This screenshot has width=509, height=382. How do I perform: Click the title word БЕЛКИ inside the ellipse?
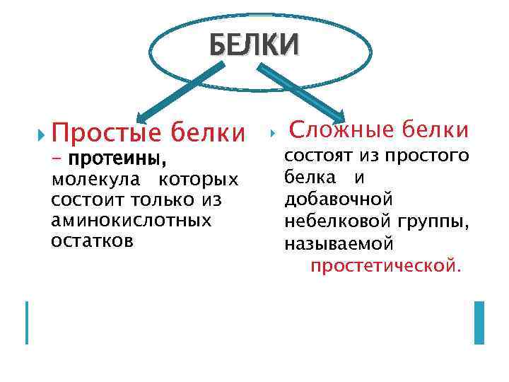point(254,45)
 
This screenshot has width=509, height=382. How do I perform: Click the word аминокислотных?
point(131,220)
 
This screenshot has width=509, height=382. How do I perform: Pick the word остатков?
point(92,241)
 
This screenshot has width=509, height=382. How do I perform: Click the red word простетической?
point(385,266)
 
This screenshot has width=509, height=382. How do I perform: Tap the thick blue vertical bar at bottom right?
point(479,322)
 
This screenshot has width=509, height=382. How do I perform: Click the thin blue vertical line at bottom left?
point(27,322)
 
